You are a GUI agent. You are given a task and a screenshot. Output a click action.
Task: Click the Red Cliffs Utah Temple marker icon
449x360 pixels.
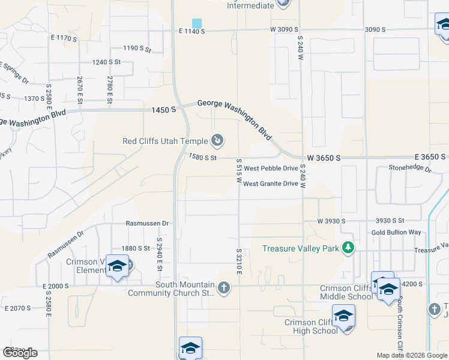pyautogui.click(x=217, y=142)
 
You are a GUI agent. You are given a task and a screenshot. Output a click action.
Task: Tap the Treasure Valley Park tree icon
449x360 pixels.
pyautogui.click(x=348, y=248)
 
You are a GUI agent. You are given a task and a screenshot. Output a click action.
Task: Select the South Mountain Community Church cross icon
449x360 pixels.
pyautogui.click(x=223, y=289)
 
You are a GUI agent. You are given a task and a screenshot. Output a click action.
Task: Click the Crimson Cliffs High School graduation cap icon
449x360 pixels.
pyautogui.click(x=343, y=316)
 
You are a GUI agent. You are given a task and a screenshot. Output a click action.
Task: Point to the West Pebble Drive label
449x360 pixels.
pyautogui.click(x=270, y=169)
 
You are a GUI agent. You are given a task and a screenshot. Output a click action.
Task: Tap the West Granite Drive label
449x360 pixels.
pyautogui.click(x=270, y=184)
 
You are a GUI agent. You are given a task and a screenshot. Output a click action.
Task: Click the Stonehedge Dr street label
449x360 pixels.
pyautogui.click(x=410, y=169)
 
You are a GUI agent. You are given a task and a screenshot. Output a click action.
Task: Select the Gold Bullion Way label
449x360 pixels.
pyautogui.click(x=396, y=232)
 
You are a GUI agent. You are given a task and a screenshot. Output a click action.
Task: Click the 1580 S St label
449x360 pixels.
pyautogui.click(x=202, y=157)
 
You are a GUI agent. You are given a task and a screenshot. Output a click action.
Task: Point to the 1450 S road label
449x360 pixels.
pyautogui.click(x=164, y=110)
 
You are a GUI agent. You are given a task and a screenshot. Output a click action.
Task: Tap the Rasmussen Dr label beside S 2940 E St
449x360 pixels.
pyautogui.click(x=148, y=223)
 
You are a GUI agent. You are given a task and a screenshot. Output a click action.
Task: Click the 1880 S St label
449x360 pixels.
pyautogui.click(x=135, y=248)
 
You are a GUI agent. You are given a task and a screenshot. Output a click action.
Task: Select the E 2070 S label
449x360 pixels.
pyautogui.click(x=17, y=308)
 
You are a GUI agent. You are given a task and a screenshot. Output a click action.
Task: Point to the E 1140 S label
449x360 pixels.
pyautogui.click(x=191, y=31)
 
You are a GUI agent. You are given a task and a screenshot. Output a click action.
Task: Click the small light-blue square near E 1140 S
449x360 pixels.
pyautogui.click(x=197, y=23)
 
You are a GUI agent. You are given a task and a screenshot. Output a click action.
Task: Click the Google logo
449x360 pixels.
pyautogui.click(x=20, y=353)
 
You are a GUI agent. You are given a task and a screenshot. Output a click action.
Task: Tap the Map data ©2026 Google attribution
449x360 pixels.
pyautogui.click(x=411, y=355)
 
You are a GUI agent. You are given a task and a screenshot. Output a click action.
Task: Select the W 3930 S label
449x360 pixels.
pyautogui.click(x=331, y=221)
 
